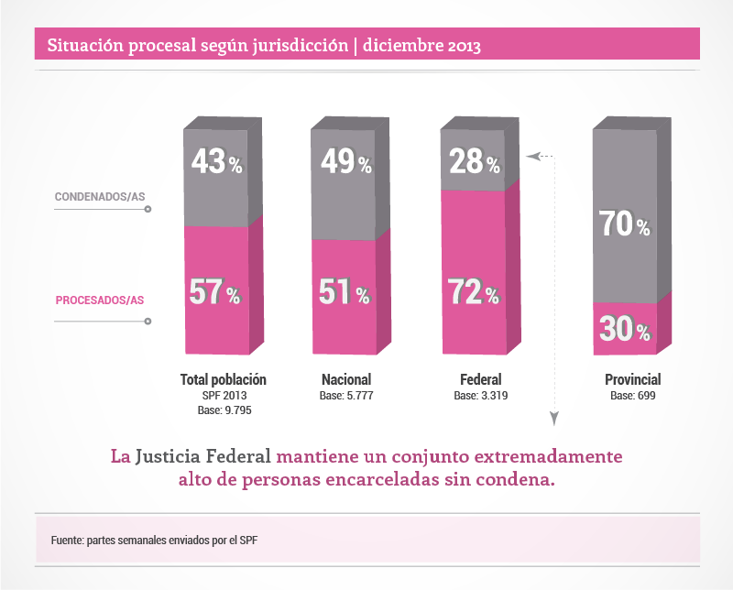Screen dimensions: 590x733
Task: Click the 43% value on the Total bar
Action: click(216, 163)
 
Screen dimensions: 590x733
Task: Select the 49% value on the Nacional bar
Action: click(345, 163)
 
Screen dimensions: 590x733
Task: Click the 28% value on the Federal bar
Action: click(474, 163)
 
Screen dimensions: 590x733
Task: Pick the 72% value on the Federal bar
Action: click(474, 293)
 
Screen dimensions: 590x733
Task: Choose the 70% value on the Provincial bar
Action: click(626, 224)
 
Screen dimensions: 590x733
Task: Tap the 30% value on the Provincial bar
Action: click(625, 330)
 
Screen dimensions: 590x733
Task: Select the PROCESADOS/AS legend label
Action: click(101, 300)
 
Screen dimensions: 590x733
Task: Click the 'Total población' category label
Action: click(224, 379)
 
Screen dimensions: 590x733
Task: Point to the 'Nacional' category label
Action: click(346, 379)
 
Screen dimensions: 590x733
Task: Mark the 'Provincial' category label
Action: click(632, 379)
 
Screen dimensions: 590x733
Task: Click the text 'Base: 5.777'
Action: click(346, 396)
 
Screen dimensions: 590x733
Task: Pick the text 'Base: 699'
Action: click(632, 396)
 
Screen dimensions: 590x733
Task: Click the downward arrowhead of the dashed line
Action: click(554, 419)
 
